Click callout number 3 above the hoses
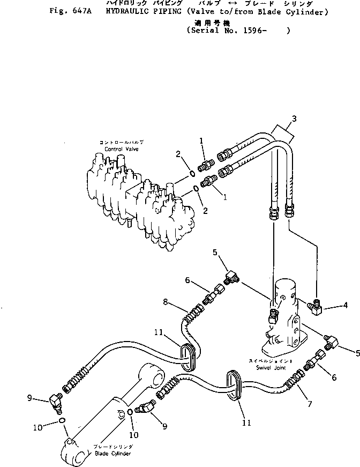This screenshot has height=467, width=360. pyautogui.click(x=294, y=118)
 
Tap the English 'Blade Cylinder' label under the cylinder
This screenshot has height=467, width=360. pyautogui.click(x=114, y=454)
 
